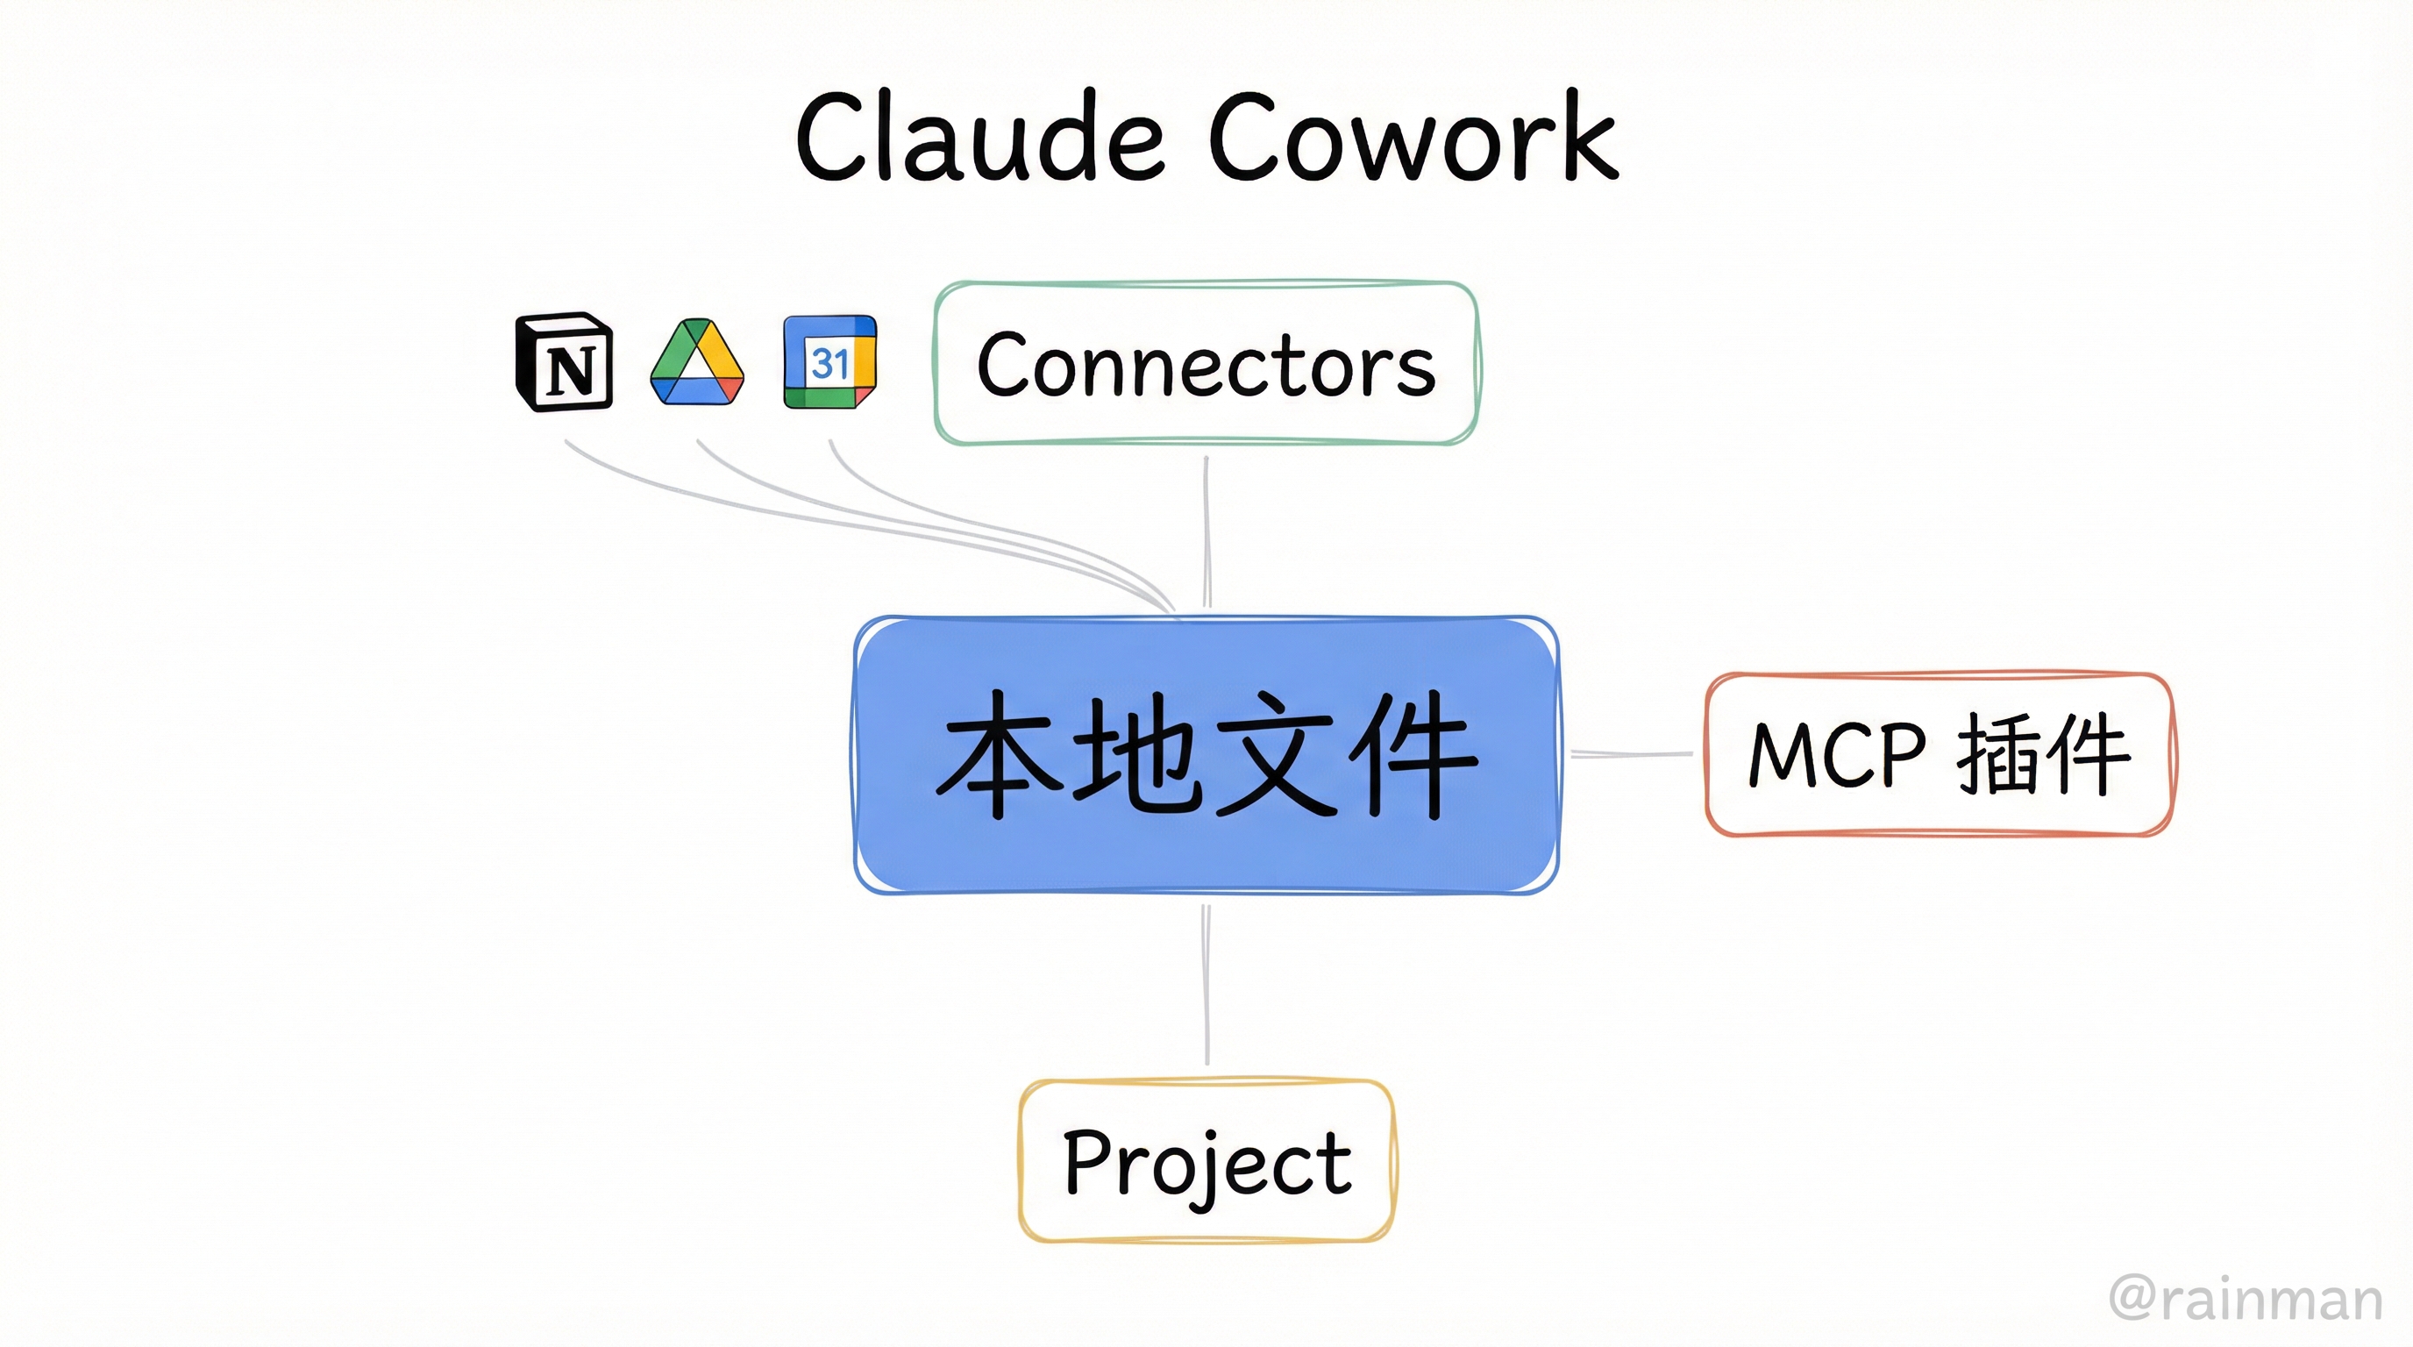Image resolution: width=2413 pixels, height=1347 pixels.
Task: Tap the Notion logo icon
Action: tap(565, 362)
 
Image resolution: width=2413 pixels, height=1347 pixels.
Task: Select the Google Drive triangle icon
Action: tap(697, 362)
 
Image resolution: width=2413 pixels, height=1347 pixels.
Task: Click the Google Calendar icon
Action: tap(830, 362)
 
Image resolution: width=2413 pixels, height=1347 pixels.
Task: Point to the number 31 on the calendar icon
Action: tap(829, 362)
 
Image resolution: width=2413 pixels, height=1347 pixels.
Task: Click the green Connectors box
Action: tap(1206, 362)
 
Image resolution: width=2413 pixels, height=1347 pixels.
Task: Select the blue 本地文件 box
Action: tap(1206, 755)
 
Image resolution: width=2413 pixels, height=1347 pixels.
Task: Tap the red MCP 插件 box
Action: tap(1939, 754)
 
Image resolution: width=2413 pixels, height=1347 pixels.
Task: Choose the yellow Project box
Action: tap(1206, 1162)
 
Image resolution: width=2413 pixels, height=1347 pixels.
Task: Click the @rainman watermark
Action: tap(2246, 1300)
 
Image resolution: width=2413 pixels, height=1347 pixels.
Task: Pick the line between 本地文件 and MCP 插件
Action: tap(1632, 753)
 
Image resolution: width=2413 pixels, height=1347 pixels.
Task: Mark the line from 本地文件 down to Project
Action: tap(1206, 984)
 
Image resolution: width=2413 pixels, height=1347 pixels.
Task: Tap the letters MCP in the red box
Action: tap(1837, 754)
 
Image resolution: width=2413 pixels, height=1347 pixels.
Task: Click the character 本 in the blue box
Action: tap(1000, 755)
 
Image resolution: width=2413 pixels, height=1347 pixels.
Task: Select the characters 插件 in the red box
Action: tap(2043, 754)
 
